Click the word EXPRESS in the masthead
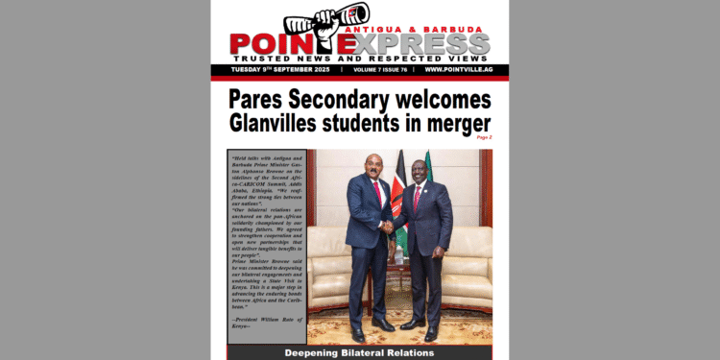(422, 44)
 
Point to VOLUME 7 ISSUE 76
(378, 70)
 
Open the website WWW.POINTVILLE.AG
(457, 70)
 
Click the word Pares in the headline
(264, 99)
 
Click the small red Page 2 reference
(483, 138)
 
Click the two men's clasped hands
(387, 228)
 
